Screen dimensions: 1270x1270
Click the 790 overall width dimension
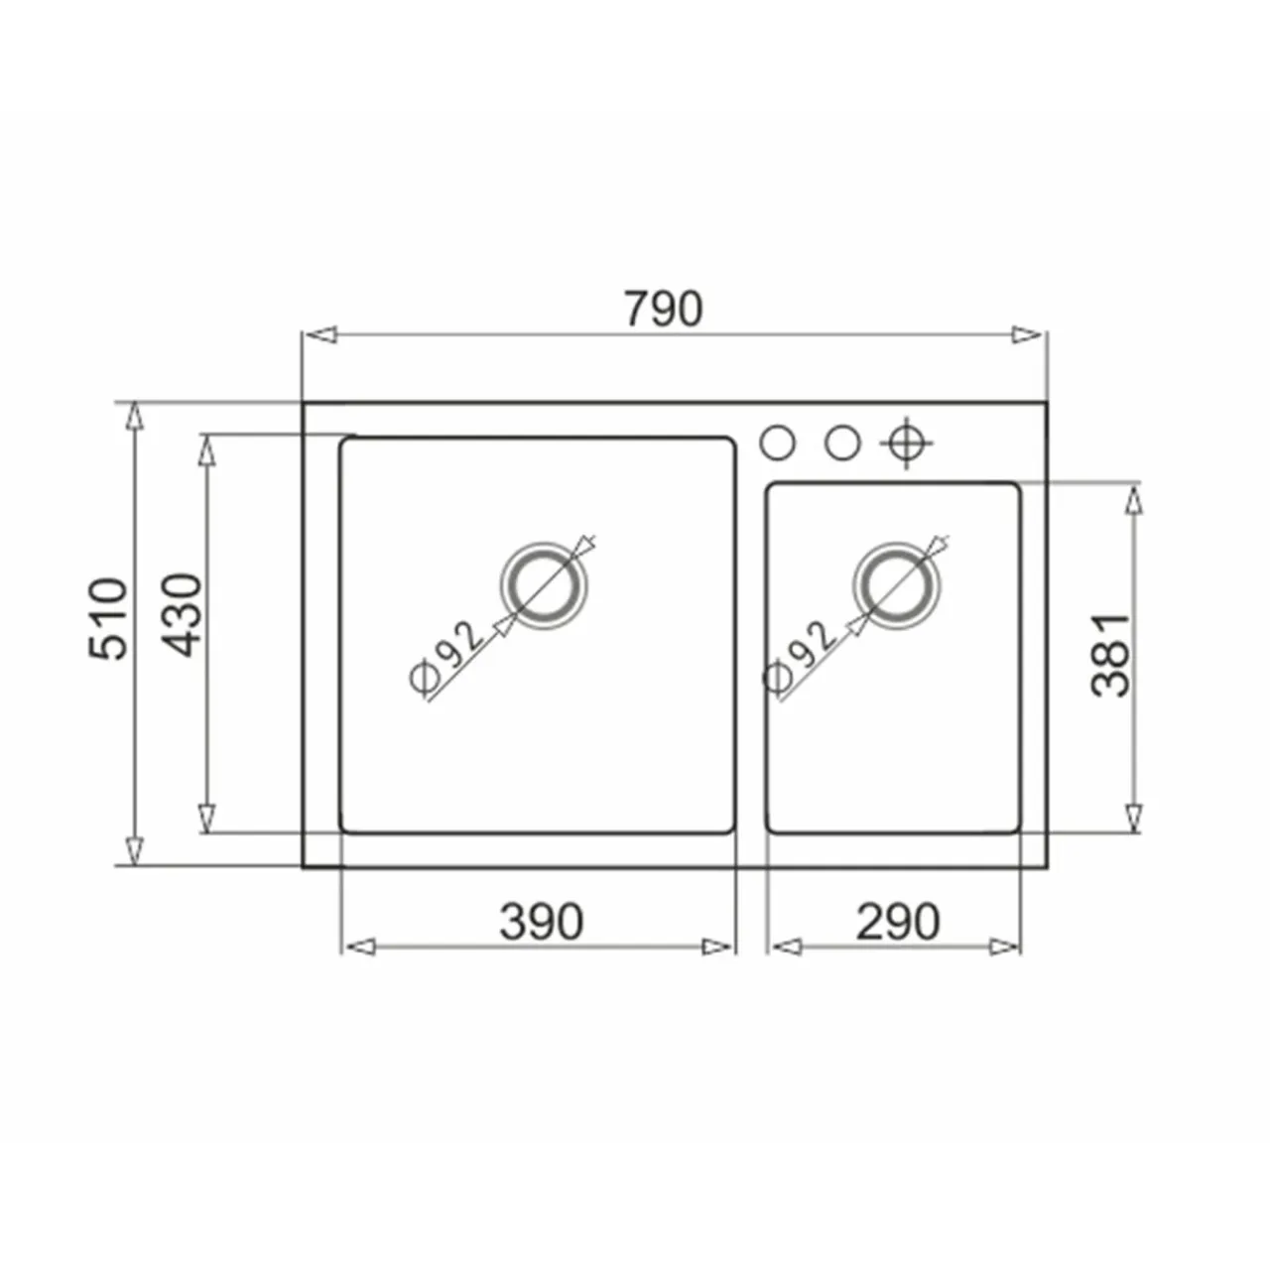coord(665,309)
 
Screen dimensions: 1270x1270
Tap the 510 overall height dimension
coord(107,618)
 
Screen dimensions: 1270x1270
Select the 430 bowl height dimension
coord(182,615)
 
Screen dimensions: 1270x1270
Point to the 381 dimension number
coord(1110,655)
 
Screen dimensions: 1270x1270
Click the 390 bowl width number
coord(542,922)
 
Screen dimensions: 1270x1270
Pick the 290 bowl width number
coord(898,922)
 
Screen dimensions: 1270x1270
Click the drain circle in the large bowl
coord(544,585)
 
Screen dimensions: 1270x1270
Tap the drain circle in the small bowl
coord(897,585)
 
